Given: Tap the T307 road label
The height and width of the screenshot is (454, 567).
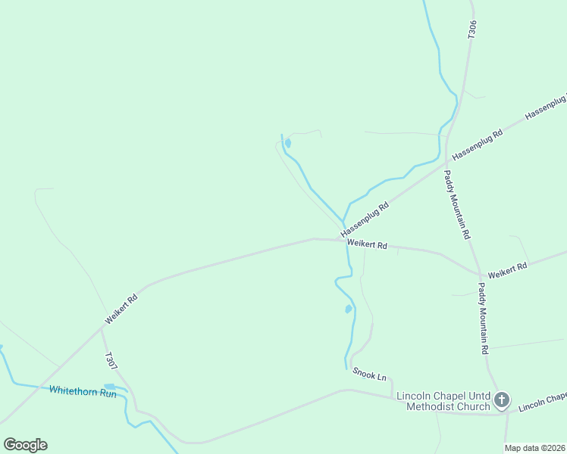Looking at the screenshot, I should click(x=111, y=362).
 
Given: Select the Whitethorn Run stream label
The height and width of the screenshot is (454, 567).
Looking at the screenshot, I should click(x=83, y=391).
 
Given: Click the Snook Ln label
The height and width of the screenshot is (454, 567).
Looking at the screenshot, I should click(x=370, y=373).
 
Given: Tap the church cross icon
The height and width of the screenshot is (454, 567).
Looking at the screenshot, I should click(x=501, y=400).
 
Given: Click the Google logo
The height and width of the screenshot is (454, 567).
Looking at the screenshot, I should click(x=25, y=445).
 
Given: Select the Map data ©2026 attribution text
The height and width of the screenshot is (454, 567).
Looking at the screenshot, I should click(x=534, y=448).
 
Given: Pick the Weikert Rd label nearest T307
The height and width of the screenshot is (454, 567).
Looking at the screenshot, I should click(x=121, y=309).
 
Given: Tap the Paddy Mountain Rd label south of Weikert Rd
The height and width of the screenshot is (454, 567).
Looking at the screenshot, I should click(x=483, y=318).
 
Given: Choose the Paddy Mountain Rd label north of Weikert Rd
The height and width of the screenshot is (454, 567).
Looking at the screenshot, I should click(x=457, y=204).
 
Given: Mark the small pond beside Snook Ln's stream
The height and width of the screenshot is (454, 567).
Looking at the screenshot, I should click(x=348, y=309).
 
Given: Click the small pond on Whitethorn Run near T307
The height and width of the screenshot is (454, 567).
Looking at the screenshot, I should click(x=109, y=387).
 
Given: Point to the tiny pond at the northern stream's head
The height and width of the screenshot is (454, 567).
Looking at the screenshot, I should click(x=288, y=143).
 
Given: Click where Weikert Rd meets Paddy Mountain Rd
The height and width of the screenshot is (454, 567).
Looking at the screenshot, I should click(x=479, y=274).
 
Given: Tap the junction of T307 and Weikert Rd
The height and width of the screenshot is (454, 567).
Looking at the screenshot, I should click(x=102, y=329).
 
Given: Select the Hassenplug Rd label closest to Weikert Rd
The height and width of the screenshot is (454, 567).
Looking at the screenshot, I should click(x=365, y=218).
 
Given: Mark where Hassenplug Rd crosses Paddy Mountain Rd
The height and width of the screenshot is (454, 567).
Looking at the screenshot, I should click(x=446, y=161).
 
